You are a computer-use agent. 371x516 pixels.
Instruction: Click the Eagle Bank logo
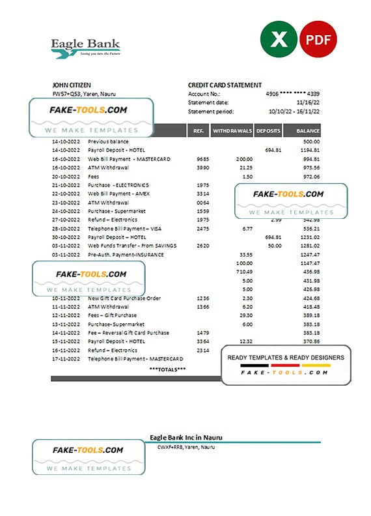coord(85,48)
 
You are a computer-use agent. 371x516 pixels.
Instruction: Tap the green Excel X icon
coord(278,40)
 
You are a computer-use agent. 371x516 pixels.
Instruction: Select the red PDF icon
coord(320,40)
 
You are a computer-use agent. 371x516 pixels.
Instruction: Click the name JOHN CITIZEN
coord(72,85)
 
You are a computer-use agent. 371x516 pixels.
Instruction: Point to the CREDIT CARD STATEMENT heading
coord(225,85)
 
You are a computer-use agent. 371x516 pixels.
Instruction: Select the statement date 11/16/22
coord(308,103)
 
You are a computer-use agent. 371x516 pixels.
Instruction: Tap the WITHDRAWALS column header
coord(232,131)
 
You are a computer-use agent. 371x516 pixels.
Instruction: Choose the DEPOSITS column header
coord(268,131)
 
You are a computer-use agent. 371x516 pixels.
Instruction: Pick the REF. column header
coord(197,131)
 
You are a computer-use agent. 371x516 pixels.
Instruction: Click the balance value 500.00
coord(312,141)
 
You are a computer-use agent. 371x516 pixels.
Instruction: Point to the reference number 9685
coord(202,159)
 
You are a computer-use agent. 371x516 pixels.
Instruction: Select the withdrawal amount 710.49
coord(244,272)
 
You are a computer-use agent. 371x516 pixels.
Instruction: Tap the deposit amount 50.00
coord(274,246)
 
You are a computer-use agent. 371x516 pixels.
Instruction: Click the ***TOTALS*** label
coord(167,369)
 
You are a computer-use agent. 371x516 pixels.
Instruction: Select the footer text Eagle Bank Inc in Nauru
coord(181,437)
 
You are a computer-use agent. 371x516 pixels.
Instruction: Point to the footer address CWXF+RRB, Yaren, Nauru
coord(185,447)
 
